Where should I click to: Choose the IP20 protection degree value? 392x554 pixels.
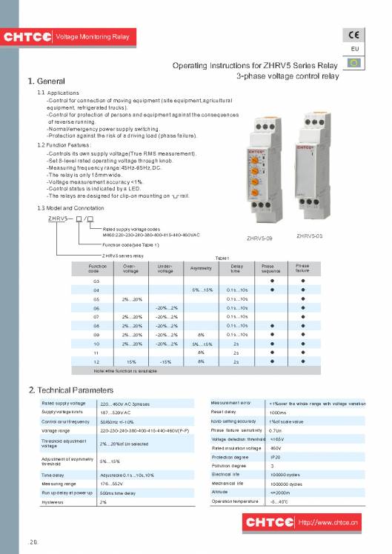coord(275,457)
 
